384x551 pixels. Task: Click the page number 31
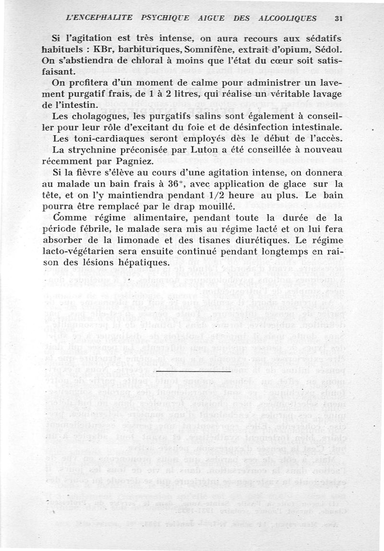338,18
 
